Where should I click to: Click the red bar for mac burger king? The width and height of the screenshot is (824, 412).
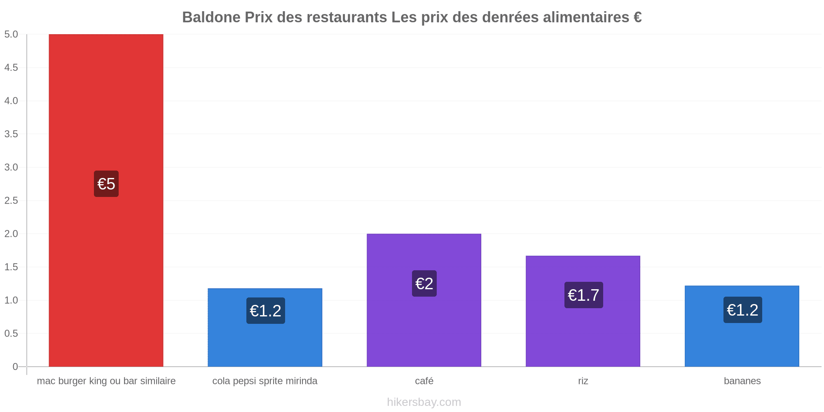[106, 200]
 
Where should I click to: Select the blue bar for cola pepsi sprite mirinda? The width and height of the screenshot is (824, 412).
[265, 328]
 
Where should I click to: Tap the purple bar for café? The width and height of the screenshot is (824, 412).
[424, 300]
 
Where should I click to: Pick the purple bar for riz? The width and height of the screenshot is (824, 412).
[583, 311]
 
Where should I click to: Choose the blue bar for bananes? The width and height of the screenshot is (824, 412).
[742, 326]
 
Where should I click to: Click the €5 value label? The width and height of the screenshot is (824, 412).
[106, 184]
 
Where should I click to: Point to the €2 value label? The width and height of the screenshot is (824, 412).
[424, 283]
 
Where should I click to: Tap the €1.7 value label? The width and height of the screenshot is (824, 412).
[584, 295]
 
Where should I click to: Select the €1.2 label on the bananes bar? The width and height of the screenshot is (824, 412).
[743, 310]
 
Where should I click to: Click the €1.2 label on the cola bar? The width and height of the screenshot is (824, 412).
[266, 311]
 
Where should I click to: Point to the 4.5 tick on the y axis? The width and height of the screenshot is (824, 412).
[11, 68]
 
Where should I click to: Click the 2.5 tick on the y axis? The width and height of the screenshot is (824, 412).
[11, 201]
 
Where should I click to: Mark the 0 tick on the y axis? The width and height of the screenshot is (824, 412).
[15, 367]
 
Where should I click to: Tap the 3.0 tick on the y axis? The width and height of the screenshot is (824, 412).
[11, 167]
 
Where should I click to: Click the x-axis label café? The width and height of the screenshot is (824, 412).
[424, 381]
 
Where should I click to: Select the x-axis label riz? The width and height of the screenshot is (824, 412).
[583, 381]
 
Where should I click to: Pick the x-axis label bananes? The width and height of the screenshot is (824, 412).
[742, 381]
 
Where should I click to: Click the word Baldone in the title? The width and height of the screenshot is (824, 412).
[211, 17]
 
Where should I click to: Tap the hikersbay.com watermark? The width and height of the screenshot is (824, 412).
[424, 402]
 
